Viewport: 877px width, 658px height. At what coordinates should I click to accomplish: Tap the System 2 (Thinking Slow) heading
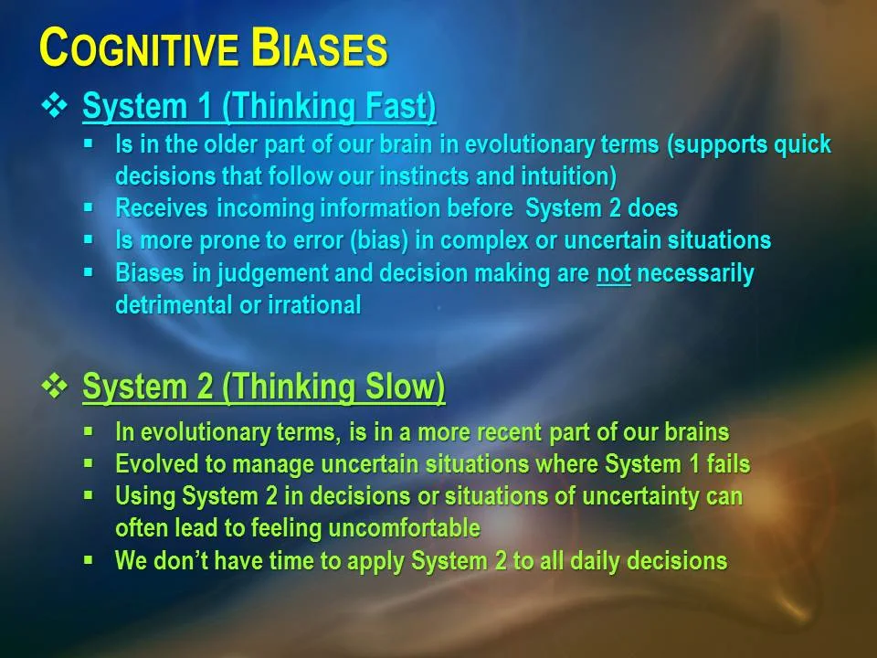point(263,387)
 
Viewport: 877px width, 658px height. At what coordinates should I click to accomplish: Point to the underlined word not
point(614,273)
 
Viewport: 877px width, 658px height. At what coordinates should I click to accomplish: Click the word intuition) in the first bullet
point(568,175)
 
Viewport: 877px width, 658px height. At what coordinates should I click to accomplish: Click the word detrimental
point(174,305)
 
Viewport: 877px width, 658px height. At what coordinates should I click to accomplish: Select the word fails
point(728,464)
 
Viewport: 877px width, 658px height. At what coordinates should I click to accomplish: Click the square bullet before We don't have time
point(89,559)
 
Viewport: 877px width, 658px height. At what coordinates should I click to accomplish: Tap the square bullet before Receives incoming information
point(89,207)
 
